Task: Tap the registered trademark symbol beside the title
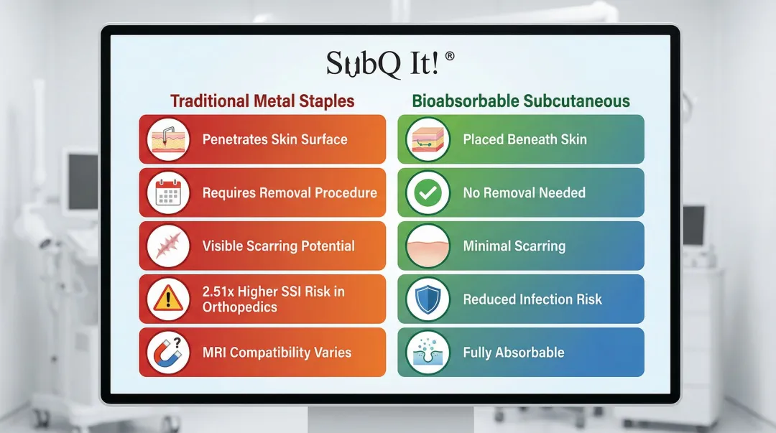[449, 56]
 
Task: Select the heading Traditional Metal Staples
[262, 101]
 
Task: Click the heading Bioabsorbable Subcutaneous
[521, 101]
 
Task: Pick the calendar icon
[168, 192]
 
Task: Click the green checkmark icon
[428, 192]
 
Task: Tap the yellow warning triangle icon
[168, 299]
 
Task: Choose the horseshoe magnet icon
[168, 353]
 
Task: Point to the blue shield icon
[428, 299]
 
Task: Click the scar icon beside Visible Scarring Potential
[168, 246]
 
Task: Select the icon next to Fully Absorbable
[428, 353]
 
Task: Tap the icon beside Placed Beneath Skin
[428, 139]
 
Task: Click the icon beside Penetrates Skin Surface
[168, 139]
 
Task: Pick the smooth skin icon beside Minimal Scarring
[428, 246]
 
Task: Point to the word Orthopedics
[239, 307]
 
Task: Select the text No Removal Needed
[524, 192]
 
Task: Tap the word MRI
[214, 353]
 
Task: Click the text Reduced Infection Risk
[532, 299]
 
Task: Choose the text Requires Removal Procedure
[290, 192]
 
